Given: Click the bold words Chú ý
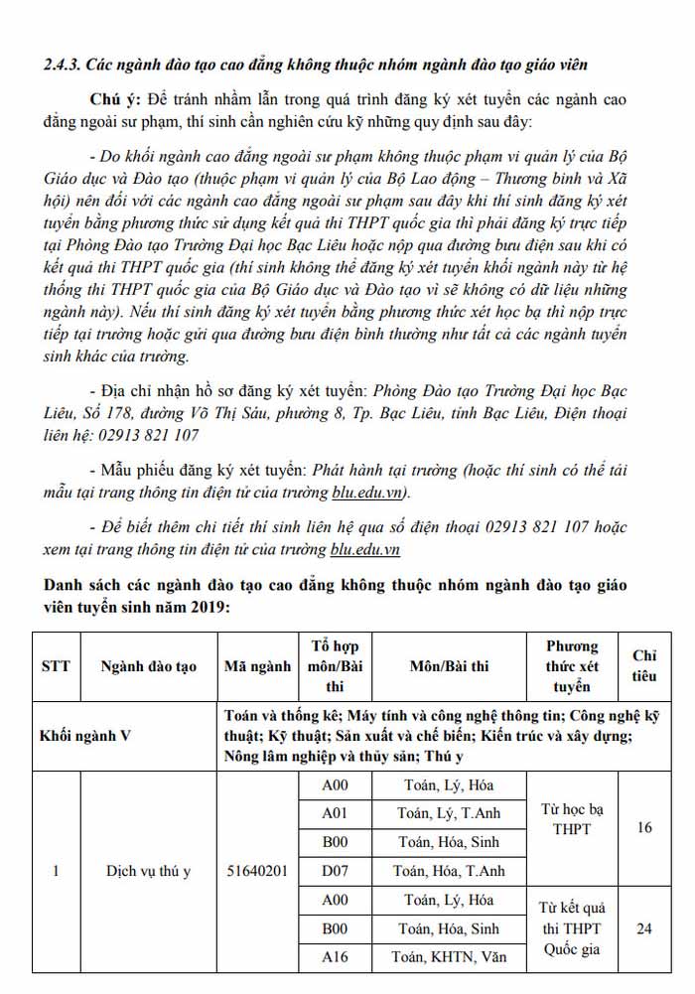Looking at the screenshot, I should [x=119, y=101].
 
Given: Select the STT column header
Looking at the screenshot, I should [x=56, y=666].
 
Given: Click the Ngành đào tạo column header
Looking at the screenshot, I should [x=149, y=666].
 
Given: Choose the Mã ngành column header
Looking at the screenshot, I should [x=257, y=666].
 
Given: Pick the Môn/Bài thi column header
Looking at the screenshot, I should [x=449, y=666].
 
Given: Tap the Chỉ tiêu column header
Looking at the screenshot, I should [x=644, y=666].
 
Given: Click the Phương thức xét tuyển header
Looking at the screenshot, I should [x=572, y=666].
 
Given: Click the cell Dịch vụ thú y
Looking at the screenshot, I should [x=149, y=871].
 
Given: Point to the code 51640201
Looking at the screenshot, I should [x=257, y=871].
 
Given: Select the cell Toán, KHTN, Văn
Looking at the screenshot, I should [x=449, y=957].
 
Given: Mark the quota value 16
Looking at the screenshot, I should [x=644, y=827].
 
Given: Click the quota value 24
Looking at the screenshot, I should [x=644, y=928].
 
